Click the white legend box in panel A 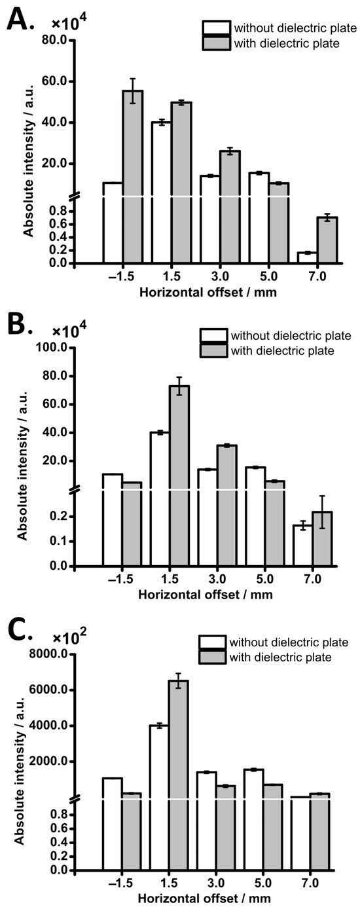(215, 29)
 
